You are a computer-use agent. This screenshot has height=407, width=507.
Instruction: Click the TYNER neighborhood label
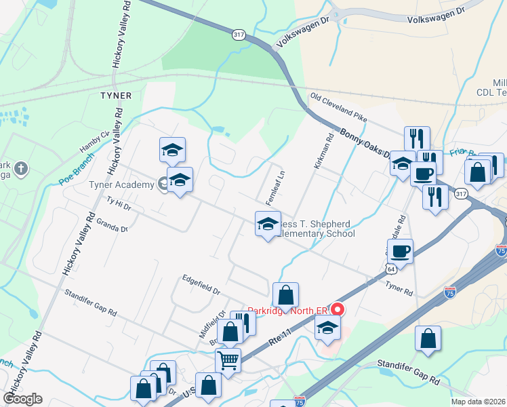[x=115, y=95]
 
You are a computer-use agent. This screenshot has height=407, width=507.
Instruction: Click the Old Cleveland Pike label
[x=338, y=108]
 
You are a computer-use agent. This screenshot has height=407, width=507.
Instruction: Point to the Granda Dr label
[x=112, y=225]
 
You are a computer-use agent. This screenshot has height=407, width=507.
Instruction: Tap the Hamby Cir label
[x=94, y=142]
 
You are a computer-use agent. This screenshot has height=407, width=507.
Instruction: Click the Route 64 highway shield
[x=390, y=269]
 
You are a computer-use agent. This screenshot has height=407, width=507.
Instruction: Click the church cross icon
[x=21, y=168]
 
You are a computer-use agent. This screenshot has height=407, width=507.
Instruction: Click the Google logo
[x=22, y=398]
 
